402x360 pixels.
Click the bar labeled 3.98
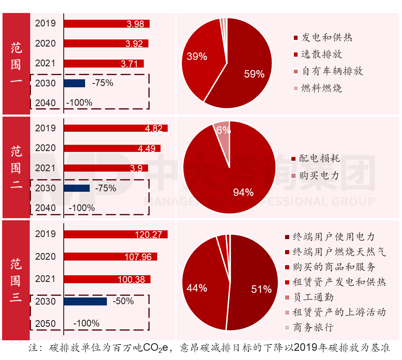(x=106, y=24)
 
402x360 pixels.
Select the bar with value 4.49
(x=112, y=148)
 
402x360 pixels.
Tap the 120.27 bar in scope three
(x=115, y=234)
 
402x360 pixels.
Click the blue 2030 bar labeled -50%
(x=85, y=301)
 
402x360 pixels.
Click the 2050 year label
(x=45, y=323)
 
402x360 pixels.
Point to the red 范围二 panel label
(x=16, y=167)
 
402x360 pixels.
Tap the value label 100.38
(x=134, y=279)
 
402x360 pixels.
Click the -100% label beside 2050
(x=86, y=323)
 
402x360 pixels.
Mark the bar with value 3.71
(x=104, y=64)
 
